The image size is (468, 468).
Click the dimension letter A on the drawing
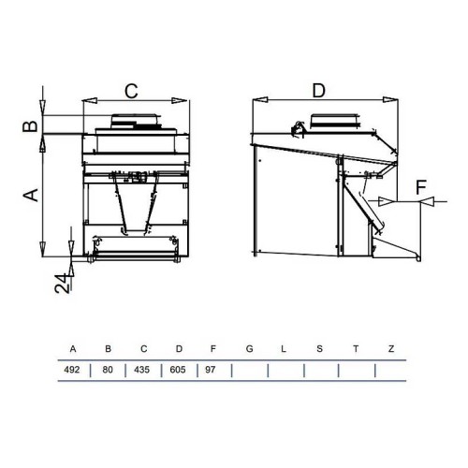[30, 194]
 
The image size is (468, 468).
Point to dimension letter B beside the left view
[30, 125]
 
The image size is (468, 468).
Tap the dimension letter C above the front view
[132, 90]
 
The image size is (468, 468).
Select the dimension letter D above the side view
[318, 90]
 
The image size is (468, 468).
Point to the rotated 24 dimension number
[61, 283]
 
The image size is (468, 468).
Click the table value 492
[72, 370]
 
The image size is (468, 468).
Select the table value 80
[108, 370]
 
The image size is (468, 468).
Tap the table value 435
[143, 370]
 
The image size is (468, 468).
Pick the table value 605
[179, 370]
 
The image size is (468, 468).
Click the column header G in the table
[249, 349]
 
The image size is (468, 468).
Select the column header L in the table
[283, 349]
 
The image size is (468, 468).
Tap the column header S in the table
[320, 349]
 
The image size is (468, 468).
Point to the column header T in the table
[356, 349]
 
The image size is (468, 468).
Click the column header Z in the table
[391, 349]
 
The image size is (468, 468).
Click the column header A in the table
[73, 349]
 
